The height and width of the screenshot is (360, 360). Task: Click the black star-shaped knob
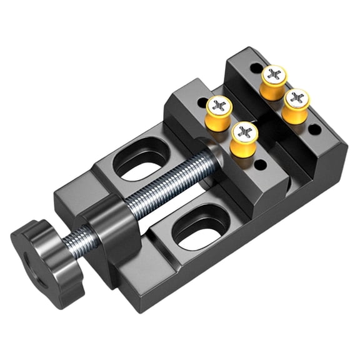pyautogui.click(x=47, y=256)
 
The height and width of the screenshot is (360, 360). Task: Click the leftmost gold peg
pyautogui.click(x=219, y=113)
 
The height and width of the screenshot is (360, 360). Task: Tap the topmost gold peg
pyautogui.click(x=274, y=81)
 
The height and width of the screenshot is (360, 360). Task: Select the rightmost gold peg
pyautogui.click(x=296, y=106)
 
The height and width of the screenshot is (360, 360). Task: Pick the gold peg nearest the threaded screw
pyautogui.click(x=244, y=139)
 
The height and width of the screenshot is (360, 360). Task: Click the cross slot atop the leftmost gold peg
pyautogui.click(x=219, y=104)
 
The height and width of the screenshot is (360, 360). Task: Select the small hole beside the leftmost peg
pyautogui.click(x=202, y=100)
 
